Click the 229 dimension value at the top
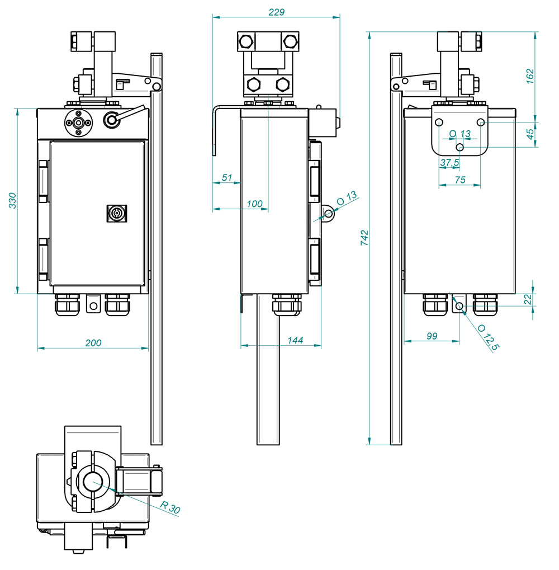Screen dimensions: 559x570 [x=276, y=12]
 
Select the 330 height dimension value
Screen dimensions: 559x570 [x=12, y=201]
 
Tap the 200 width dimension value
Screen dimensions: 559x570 [x=93, y=343]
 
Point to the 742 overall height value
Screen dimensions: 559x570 [x=364, y=238]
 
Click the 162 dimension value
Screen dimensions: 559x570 [x=530, y=76]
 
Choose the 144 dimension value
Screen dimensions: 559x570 [x=295, y=340]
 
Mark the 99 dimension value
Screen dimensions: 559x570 [x=432, y=336]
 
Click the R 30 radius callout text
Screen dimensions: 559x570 [x=170, y=507]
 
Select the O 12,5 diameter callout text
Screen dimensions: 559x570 [x=488, y=337]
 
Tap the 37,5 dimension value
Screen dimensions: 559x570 [x=449, y=162]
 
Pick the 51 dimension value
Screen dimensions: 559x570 [x=226, y=177]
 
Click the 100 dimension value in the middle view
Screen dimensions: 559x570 [x=254, y=204]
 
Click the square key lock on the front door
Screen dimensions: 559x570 [x=117, y=213]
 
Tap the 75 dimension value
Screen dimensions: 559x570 [x=460, y=180]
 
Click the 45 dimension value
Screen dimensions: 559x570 [x=530, y=134]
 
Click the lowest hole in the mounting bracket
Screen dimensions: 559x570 [x=460, y=147]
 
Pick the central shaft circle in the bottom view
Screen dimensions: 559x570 [x=93, y=482]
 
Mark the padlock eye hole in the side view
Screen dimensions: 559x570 [x=328, y=214]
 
